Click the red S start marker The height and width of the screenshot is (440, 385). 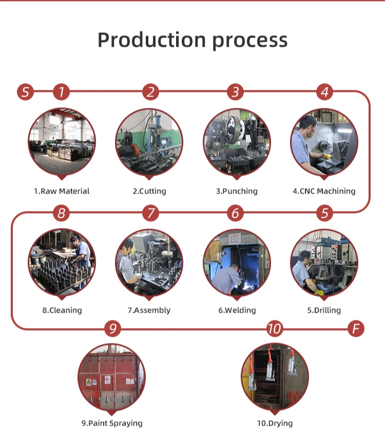pos(25,92)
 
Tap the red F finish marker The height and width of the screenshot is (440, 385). pos(356,329)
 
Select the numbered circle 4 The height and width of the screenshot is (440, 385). pos(324,92)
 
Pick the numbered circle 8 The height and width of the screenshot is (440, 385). pos(62,213)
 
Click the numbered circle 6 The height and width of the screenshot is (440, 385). pos(236,213)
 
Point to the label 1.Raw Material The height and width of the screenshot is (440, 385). pos(62,191)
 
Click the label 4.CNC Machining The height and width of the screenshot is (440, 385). pos(324,191)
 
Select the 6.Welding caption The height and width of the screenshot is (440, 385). pos(237,310)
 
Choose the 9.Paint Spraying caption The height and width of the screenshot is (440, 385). pos(112,424)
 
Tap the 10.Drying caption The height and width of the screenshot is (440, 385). pos(275,424)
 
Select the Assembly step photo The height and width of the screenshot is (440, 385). pos(149,262)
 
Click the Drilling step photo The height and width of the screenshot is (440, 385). pos(324,262)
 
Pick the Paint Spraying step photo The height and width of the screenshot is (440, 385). pos(111,376)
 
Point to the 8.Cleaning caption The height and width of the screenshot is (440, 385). pos(62,310)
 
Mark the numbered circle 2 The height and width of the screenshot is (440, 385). pos(150,92)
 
